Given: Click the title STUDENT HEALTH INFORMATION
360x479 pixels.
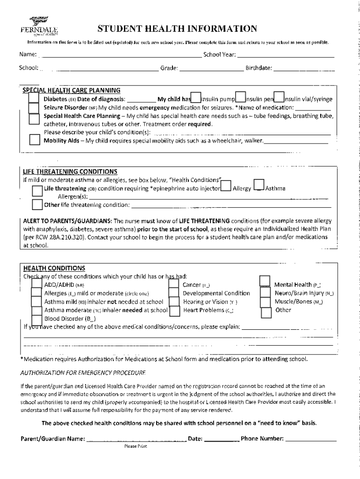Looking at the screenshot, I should [x=177, y=29].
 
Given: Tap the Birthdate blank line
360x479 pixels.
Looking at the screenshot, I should [x=303, y=68].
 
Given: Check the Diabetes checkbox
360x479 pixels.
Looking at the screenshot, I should [x=34, y=98].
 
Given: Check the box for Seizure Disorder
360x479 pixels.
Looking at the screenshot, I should [x=34, y=108].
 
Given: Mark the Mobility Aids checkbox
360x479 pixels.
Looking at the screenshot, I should [x=34, y=140].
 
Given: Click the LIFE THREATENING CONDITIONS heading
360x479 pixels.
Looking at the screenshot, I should [x=70, y=171].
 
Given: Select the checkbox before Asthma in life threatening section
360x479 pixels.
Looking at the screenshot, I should [x=259, y=186].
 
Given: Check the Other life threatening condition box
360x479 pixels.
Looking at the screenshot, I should [x=37, y=205].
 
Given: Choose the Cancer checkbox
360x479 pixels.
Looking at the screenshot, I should [x=174, y=284].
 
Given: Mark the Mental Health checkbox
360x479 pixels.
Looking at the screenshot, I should [x=265, y=281].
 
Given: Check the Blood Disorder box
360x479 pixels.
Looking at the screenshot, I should [x=36, y=319].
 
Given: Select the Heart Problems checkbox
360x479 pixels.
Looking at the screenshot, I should [x=174, y=311].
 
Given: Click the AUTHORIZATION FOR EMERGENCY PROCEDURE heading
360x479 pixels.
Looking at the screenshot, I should [x=83, y=373].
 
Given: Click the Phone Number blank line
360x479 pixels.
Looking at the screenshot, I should [x=310, y=439].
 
